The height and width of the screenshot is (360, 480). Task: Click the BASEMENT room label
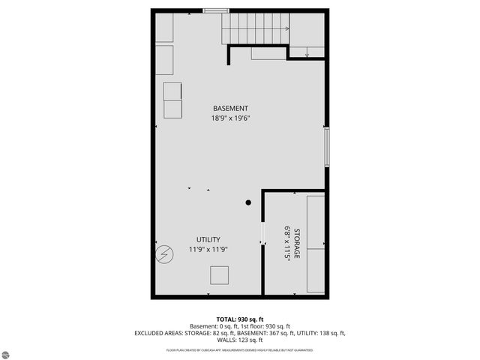click(x=230, y=109)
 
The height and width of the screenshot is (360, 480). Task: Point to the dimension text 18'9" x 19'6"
click(x=230, y=118)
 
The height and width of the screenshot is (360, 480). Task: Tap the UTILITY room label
click(x=209, y=239)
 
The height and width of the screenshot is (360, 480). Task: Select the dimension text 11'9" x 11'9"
click(x=209, y=249)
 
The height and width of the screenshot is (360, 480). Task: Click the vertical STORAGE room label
click(x=297, y=244)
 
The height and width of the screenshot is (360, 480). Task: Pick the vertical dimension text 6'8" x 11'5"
click(x=286, y=244)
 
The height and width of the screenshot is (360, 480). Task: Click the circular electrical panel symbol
click(x=163, y=254)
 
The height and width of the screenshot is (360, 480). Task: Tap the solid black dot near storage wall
click(x=248, y=202)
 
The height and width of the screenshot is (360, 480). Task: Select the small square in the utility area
click(x=220, y=275)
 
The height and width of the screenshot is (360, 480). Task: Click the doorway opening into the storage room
click(x=262, y=232)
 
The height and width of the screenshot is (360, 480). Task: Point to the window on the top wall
click(x=216, y=10)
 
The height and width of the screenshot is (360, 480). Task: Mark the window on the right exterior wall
click(x=326, y=147)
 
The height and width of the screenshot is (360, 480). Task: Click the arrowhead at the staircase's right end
click(x=286, y=28)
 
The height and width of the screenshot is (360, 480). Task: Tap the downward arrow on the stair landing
click(x=307, y=52)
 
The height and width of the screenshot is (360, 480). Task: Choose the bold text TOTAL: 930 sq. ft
click(x=239, y=319)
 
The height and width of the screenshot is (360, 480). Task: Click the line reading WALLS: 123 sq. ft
click(x=239, y=340)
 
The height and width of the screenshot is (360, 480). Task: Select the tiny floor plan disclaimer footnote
click(x=239, y=350)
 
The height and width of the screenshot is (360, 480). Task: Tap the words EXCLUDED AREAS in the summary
click(x=160, y=333)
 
